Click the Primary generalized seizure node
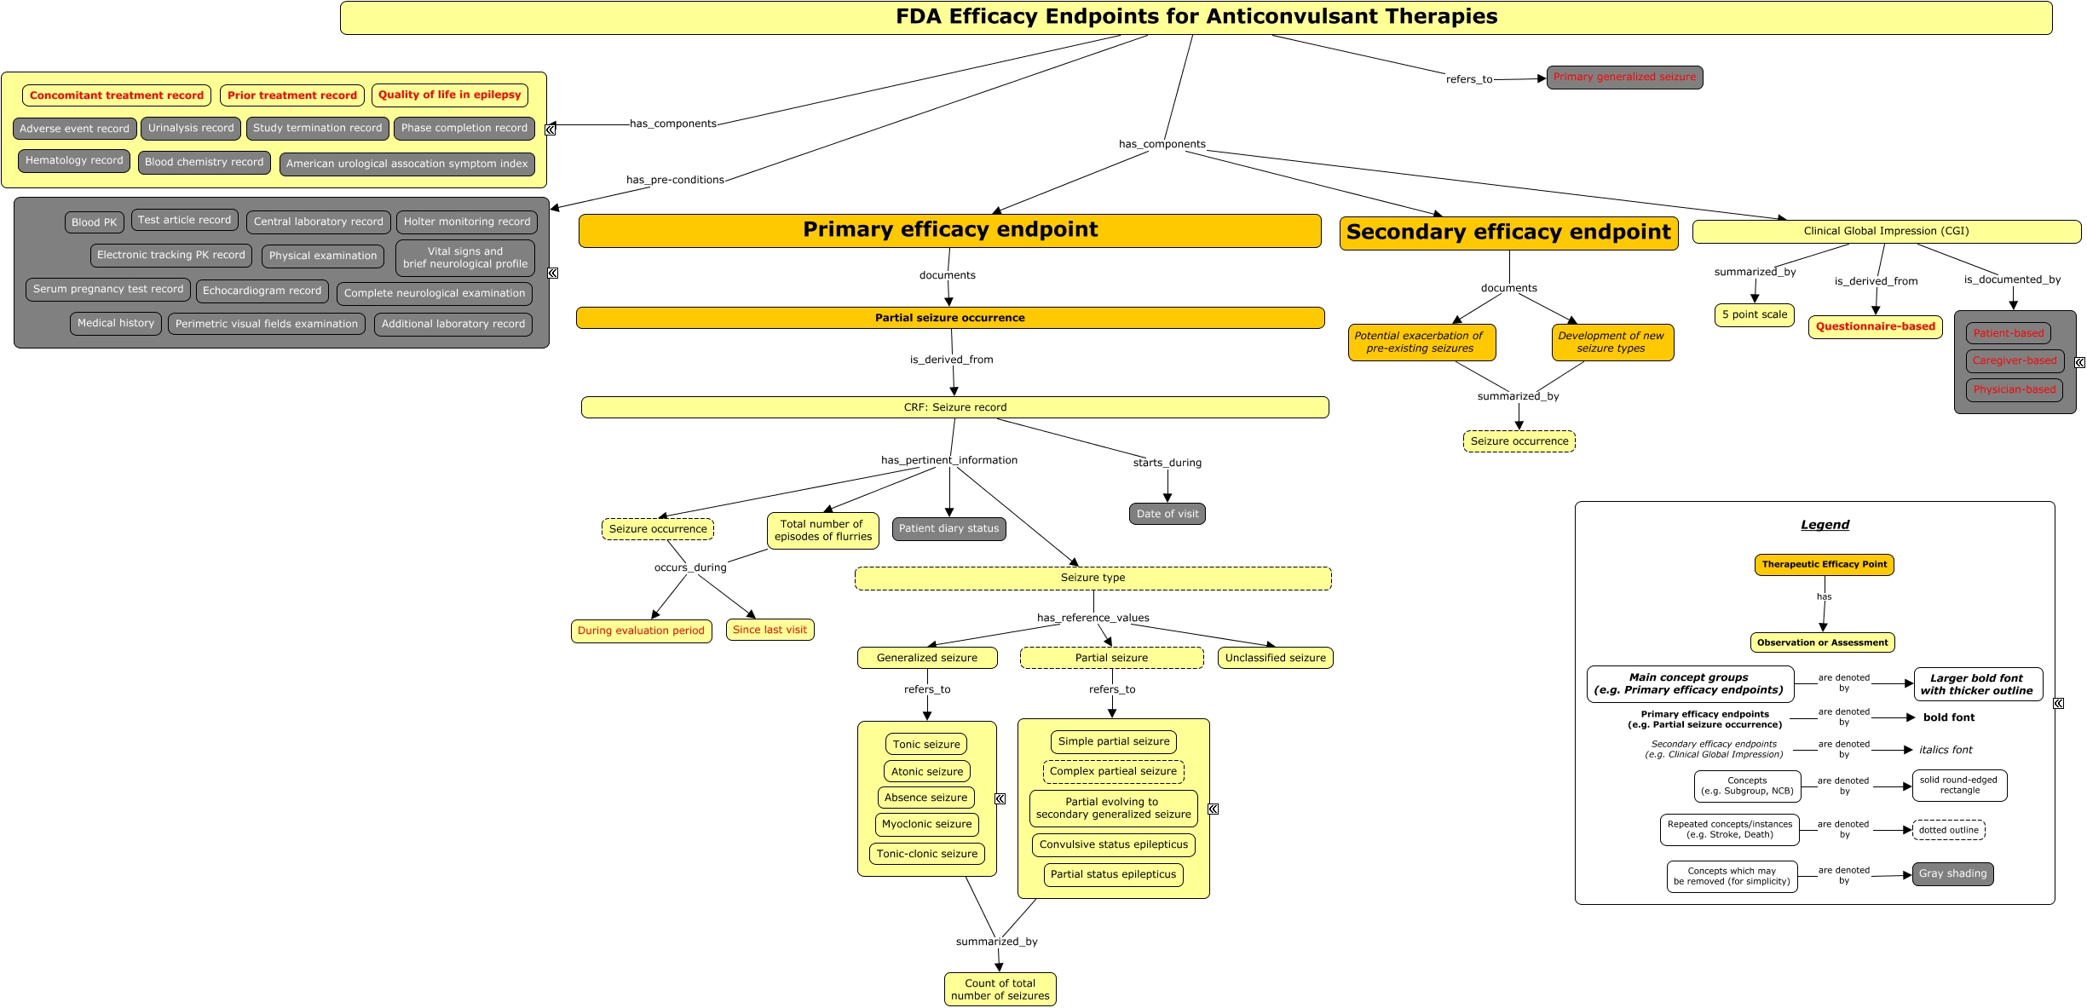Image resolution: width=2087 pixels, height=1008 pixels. (1624, 78)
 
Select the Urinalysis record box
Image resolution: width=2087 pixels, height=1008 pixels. (191, 129)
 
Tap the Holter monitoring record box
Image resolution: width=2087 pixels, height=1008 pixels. (466, 222)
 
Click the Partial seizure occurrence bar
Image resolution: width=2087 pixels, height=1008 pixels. (950, 318)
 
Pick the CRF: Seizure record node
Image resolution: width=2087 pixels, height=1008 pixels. (954, 407)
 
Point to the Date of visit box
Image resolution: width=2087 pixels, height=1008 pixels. (1167, 514)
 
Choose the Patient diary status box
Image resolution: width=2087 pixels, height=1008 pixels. (948, 529)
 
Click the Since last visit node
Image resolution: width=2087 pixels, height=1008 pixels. (770, 630)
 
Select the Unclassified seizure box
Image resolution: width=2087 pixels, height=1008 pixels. (1275, 658)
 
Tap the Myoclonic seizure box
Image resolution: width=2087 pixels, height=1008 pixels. (926, 825)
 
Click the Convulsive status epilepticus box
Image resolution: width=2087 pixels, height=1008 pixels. (1113, 845)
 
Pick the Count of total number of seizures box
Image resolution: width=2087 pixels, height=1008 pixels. (1000, 989)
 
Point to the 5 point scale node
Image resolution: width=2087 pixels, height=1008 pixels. (1755, 315)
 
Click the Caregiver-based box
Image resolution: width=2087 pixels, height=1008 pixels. (2015, 361)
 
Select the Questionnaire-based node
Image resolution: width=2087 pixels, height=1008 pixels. (1875, 327)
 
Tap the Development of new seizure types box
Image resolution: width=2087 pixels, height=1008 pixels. (1611, 343)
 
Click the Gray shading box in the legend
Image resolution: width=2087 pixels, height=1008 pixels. (1952, 874)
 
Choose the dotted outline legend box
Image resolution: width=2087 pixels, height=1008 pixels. (1948, 830)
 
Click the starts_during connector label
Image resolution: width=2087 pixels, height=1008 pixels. (1167, 463)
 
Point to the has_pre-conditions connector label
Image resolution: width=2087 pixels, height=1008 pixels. (675, 180)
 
